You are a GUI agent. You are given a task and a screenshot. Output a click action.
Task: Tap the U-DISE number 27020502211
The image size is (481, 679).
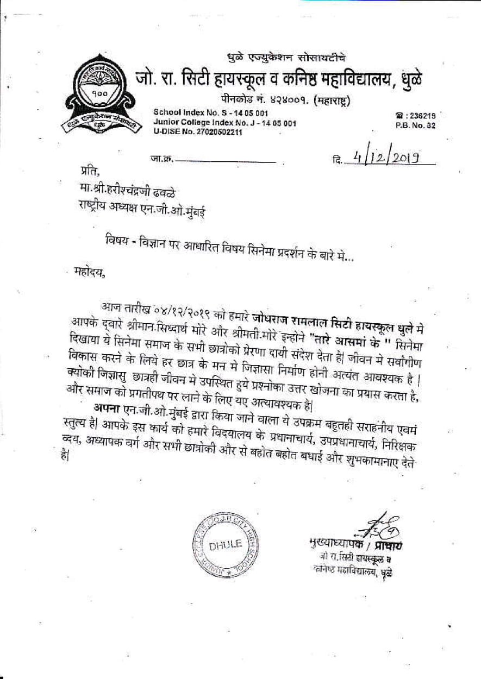(198, 132)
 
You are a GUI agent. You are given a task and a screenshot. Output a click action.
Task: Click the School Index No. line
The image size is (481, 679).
(211, 113)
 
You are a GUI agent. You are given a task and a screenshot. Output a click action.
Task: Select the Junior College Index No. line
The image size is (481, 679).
(224, 123)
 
